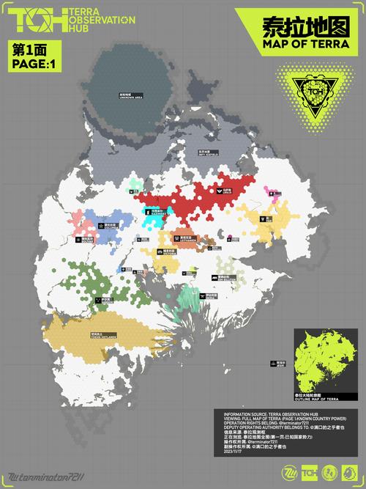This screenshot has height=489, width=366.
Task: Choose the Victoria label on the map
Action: coord(168,252)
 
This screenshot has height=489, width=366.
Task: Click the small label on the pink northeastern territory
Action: coord(272,191)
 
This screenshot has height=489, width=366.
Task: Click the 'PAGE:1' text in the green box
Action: coord(33,63)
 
